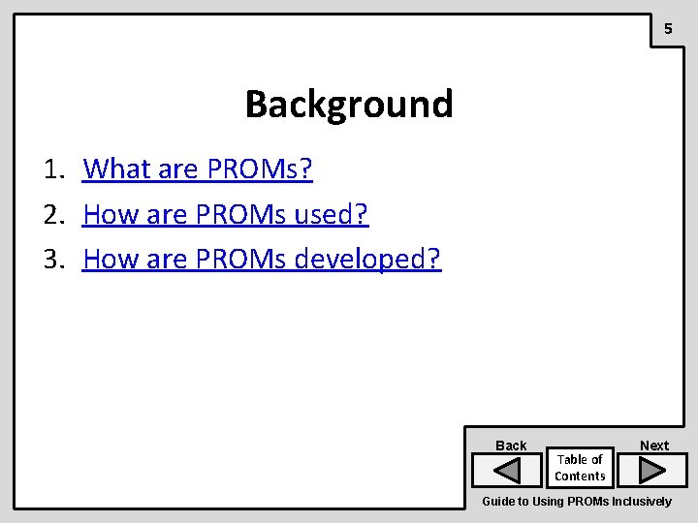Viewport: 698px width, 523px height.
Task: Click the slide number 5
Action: click(667, 30)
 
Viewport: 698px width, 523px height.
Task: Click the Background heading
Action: click(348, 104)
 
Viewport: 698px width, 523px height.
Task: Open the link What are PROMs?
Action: click(198, 169)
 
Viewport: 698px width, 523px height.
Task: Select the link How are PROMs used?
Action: click(226, 214)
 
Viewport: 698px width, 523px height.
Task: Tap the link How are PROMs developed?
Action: click(262, 259)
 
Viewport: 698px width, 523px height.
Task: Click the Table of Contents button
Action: click(580, 468)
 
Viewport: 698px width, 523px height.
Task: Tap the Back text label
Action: click(511, 446)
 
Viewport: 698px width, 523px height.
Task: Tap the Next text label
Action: click(654, 446)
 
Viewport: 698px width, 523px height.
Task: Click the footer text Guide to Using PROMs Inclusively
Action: click(576, 502)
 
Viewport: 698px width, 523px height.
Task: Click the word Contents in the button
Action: click(580, 476)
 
